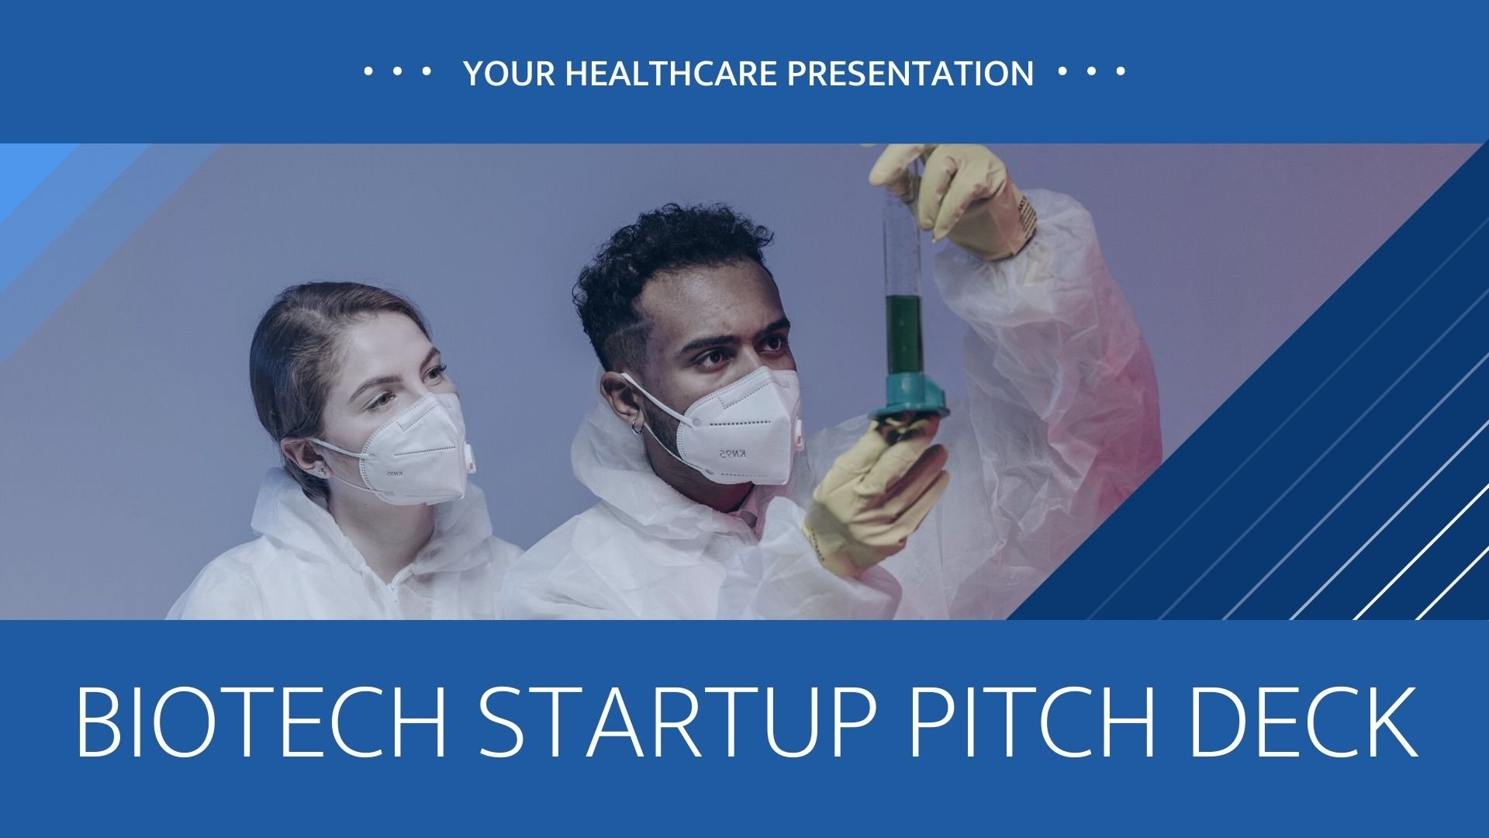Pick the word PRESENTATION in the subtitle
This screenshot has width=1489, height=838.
(910, 74)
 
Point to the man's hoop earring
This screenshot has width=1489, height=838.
(636, 426)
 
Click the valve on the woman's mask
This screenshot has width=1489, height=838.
(469, 458)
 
